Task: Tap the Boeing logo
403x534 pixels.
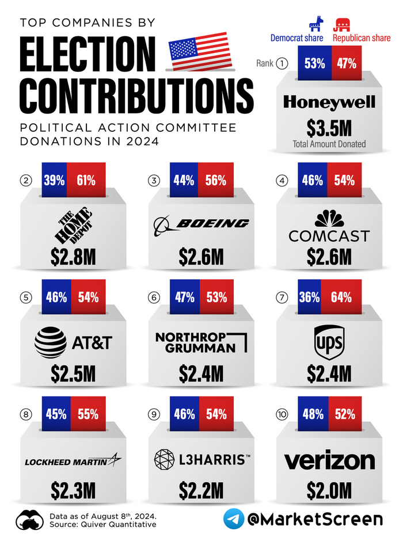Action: click(202, 224)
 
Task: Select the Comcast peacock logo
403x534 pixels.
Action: click(329, 218)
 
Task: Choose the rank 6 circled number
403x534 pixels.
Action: click(154, 297)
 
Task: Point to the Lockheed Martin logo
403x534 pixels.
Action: click(73, 461)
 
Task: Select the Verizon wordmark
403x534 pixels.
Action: click(329, 461)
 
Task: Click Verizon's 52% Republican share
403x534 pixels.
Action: click(344, 414)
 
